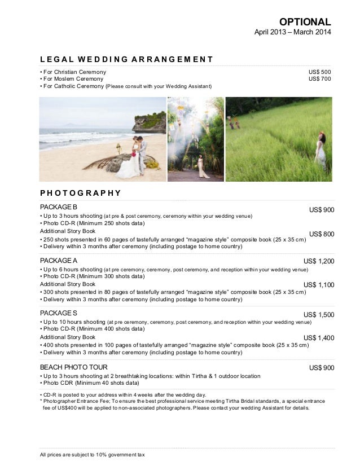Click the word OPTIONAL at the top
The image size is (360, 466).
click(309, 21)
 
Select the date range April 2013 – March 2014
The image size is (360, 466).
click(293, 33)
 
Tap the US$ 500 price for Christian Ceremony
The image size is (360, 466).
click(320, 72)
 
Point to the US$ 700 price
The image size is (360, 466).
click(320, 79)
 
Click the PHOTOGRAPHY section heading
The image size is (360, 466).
click(81, 192)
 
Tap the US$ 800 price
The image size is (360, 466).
click(322, 234)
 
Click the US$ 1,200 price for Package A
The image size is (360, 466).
click(319, 261)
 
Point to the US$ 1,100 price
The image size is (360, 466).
click(319, 285)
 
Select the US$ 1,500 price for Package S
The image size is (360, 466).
click(319, 315)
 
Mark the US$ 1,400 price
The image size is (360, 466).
click(319, 338)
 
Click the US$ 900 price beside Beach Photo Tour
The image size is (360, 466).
click(322, 368)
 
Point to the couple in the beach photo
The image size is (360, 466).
click(138, 154)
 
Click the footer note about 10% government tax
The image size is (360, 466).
click(93, 455)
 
